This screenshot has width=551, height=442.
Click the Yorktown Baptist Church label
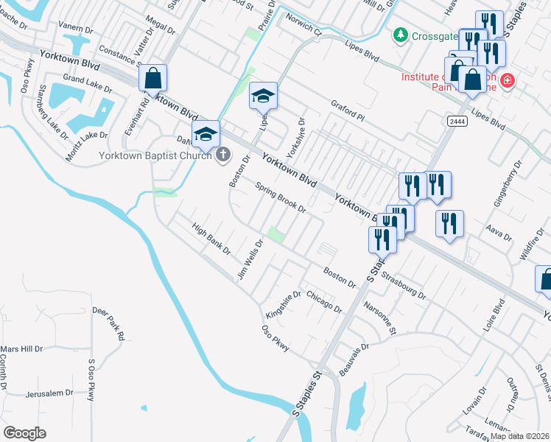[x=155, y=156]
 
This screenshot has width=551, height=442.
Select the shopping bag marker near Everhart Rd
[x=152, y=79]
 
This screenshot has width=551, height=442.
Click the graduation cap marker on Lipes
[x=263, y=97]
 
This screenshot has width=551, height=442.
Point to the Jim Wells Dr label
[x=250, y=259]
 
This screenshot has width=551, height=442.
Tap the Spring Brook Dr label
[x=280, y=198]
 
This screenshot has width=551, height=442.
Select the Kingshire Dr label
[x=284, y=305]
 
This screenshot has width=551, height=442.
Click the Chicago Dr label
[x=325, y=302]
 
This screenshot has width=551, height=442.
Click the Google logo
[x=24, y=433]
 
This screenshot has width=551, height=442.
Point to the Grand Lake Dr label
[x=88, y=82]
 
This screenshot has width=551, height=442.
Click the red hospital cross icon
[x=508, y=80]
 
